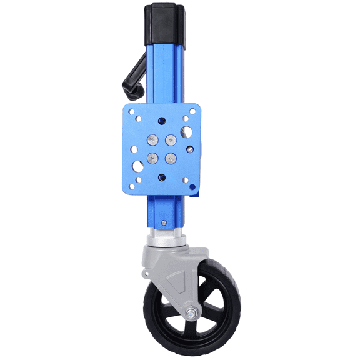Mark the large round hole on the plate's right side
(186, 131)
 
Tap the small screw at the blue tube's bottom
(163, 221)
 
